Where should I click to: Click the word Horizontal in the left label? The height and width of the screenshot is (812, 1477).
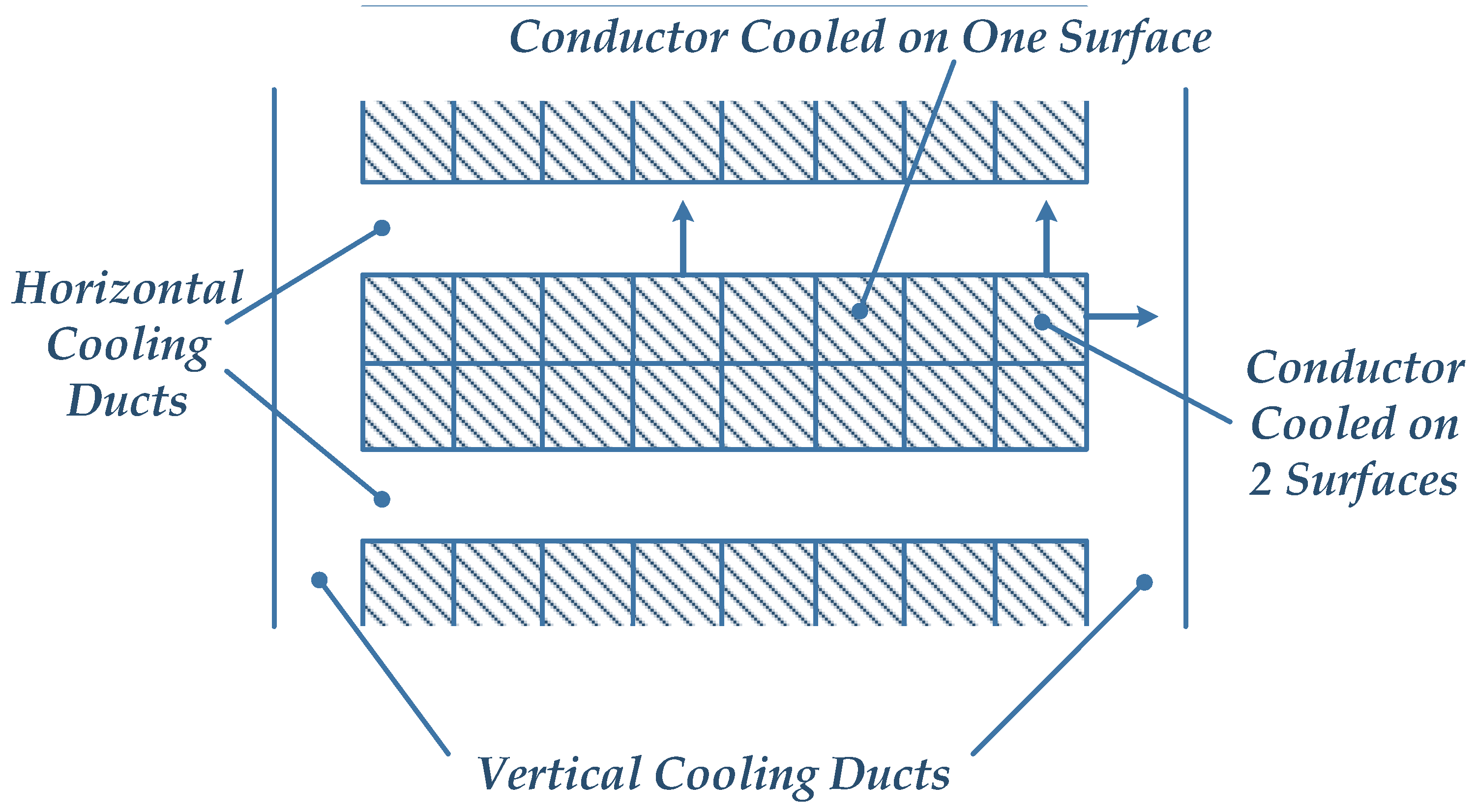tap(127, 288)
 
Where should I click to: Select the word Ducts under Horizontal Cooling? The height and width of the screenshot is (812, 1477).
tap(127, 400)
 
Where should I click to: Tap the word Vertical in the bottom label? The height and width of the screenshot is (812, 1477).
tap(559, 774)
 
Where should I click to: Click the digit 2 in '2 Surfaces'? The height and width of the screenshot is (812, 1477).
tap(1261, 480)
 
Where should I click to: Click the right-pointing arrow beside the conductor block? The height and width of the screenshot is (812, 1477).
tap(1124, 316)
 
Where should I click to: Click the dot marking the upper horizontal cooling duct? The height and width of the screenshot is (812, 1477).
tap(382, 228)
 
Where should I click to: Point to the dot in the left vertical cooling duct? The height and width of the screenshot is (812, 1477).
tap(320, 580)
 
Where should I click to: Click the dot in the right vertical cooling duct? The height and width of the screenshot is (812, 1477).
tap(1144, 583)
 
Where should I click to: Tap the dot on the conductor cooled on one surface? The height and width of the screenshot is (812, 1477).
tap(859, 311)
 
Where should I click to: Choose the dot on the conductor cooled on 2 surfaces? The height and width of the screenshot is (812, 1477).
tap(1042, 322)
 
